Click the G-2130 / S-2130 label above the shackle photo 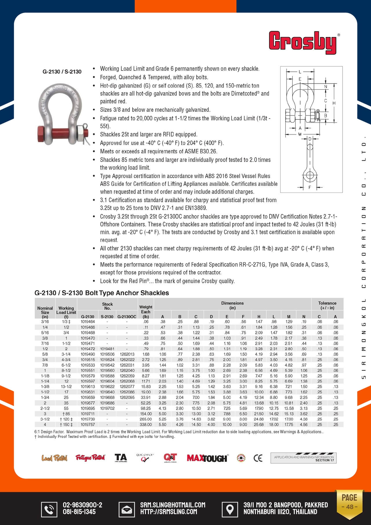click(x=62, y=72)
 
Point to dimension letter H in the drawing click(x=334, y=103)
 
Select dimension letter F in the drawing click(x=310, y=187)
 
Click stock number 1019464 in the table click(x=88, y=322)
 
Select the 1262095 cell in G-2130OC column click(x=127, y=397)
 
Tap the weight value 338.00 click(x=146, y=425)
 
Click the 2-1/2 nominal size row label click(x=45, y=408)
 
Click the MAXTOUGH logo click(x=207, y=458)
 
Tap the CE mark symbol click(x=258, y=458)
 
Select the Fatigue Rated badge click(x=90, y=458)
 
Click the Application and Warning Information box click(x=303, y=458)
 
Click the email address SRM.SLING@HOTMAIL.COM click(x=173, y=505)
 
